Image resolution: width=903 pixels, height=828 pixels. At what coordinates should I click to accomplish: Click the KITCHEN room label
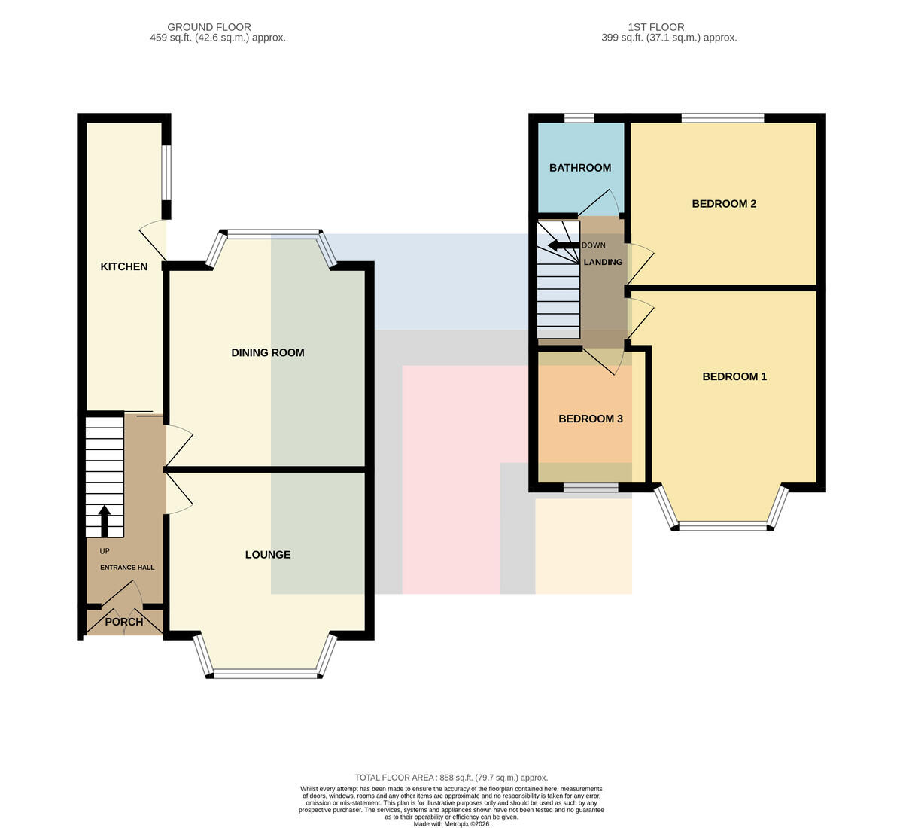click(x=124, y=266)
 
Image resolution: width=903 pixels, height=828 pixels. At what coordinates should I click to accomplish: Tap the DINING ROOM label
click(x=268, y=353)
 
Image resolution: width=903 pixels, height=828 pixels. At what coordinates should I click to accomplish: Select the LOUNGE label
click(x=268, y=555)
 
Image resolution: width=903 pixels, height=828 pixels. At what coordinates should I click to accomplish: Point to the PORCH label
click(x=124, y=622)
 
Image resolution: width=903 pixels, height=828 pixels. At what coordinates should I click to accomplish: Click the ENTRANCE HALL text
click(x=127, y=568)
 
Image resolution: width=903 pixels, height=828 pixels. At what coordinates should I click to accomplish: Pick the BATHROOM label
click(x=580, y=168)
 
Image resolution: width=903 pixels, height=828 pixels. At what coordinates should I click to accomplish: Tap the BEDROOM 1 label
click(x=734, y=376)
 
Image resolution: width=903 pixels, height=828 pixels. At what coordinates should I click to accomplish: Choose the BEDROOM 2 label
click(x=724, y=204)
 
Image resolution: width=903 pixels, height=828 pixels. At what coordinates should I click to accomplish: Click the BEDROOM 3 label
click(x=591, y=419)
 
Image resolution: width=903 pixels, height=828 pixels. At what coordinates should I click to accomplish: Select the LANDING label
click(x=604, y=262)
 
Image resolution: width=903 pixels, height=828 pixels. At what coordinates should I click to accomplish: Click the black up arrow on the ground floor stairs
click(x=105, y=521)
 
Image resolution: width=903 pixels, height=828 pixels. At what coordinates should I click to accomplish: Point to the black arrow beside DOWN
click(x=564, y=245)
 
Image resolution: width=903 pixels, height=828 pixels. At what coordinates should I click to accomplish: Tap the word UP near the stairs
click(x=105, y=551)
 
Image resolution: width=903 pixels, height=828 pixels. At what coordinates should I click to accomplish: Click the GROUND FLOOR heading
click(x=209, y=27)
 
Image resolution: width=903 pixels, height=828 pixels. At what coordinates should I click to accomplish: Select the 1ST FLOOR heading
click(x=656, y=27)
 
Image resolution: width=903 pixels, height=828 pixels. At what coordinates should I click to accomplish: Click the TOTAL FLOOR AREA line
click(x=451, y=778)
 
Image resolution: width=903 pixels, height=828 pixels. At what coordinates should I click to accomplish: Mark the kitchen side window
click(x=166, y=172)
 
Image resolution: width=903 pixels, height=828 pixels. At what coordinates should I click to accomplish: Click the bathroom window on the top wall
click(x=579, y=118)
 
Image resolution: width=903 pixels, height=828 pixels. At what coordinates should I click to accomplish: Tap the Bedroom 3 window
click(x=591, y=488)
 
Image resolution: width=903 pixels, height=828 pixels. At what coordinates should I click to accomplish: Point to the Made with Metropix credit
click(x=451, y=824)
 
